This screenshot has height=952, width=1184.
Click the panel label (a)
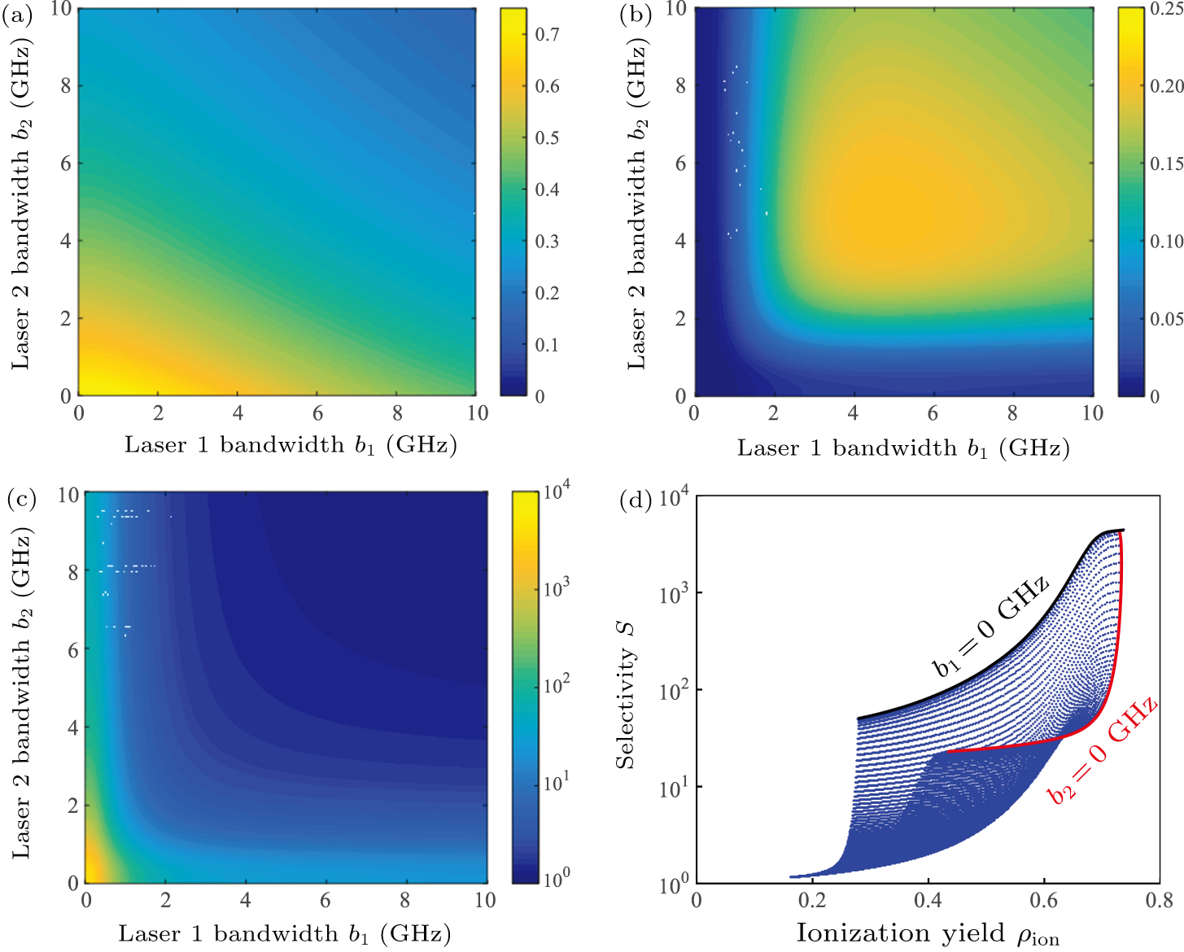[x=16, y=15]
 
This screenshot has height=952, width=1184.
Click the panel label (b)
[x=634, y=15]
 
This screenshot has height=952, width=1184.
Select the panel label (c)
[x=21, y=499]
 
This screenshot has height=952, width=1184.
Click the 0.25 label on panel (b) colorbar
[x=1166, y=9]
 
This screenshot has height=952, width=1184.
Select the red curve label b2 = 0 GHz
[x=1103, y=749]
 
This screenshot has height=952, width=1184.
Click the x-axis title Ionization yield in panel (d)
[x=927, y=933]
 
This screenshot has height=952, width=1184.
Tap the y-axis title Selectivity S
[x=625, y=695]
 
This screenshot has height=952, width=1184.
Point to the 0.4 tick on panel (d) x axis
[x=928, y=900]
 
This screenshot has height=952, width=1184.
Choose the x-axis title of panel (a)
[x=291, y=445]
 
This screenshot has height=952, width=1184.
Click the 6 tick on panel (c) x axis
[x=325, y=900]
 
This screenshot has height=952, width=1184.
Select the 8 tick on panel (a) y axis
[x=65, y=86]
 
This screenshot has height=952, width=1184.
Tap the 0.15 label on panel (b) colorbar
[x=1166, y=164]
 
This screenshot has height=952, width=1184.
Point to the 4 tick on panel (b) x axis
[x=853, y=413]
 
